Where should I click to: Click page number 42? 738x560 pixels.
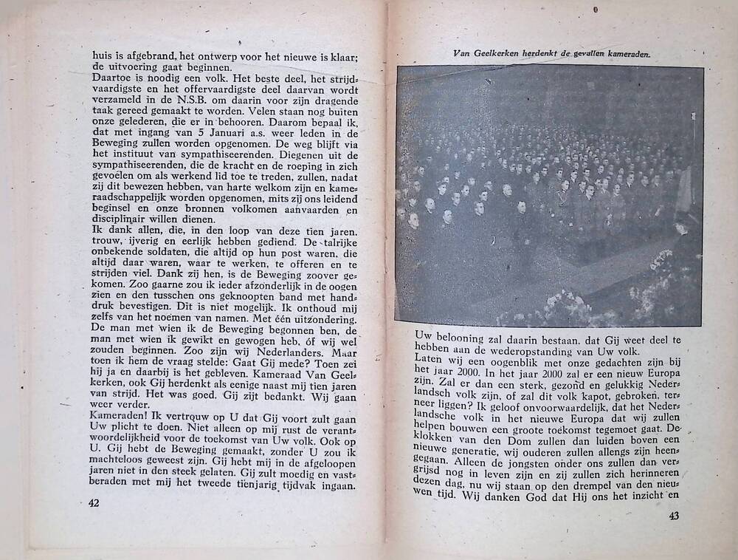(x=93, y=502)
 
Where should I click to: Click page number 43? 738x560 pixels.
(x=672, y=516)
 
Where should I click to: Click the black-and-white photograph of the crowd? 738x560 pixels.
(x=548, y=195)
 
